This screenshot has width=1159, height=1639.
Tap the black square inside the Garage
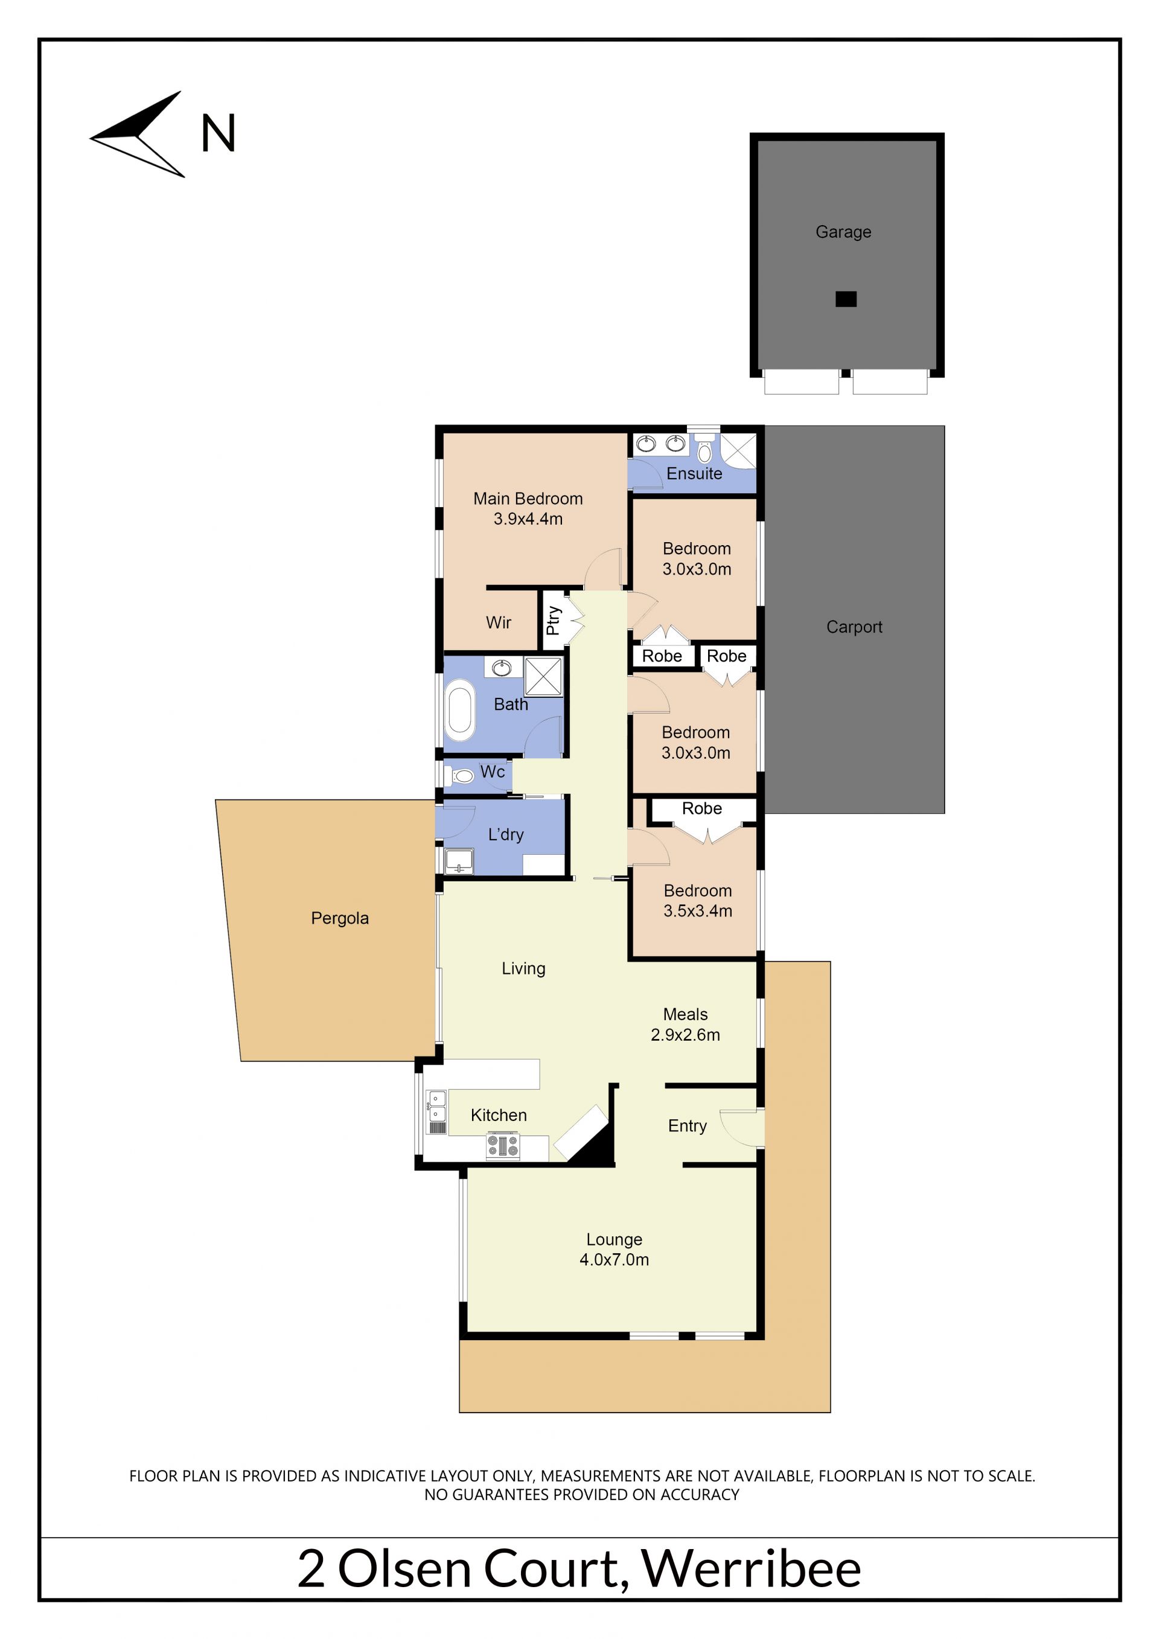coord(846,299)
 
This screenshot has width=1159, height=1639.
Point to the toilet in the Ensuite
coord(704,449)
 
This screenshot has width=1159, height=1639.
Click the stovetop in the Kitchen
coord(503,1146)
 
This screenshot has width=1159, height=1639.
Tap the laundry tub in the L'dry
coord(459,861)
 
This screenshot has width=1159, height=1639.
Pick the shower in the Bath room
coord(543,676)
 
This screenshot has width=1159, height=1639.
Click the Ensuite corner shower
coord(738,450)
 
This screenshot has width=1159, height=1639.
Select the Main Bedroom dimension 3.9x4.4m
coord(528,519)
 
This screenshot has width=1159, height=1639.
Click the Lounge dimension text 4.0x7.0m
coord(615,1259)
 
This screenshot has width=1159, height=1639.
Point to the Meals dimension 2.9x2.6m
coord(685,1034)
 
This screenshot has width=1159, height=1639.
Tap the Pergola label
coord(340,918)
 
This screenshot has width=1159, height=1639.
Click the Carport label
coord(854,627)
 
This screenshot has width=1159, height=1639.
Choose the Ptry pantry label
coord(553,621)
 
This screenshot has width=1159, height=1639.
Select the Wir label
coord(498,622)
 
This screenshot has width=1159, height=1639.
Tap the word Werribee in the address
coord(752,1568)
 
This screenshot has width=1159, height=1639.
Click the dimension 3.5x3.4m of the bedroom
coord(698,911)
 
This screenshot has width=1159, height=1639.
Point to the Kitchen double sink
coord(437,1107)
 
